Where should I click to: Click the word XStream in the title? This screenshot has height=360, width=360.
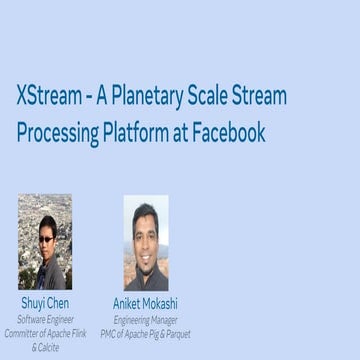(x=50, y=96)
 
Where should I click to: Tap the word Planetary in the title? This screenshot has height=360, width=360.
(x=151, y=96)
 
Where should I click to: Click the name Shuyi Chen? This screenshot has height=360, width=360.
(x=45, y=303)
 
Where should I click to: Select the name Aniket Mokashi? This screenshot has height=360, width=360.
(x=145, y=303)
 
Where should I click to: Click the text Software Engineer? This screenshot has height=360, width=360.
(x=45, y=319)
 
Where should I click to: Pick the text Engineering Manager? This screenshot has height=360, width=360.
(x=145, y=319)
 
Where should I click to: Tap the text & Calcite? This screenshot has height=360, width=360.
(x=45, y=347)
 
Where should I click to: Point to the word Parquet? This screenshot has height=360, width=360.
(x=174, y=333)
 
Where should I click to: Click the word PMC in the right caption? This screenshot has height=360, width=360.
(x=111, y=333)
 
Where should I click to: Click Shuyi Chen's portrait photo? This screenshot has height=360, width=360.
(x=45, y=241)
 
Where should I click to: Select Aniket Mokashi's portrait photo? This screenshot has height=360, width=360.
(x=145, y=242)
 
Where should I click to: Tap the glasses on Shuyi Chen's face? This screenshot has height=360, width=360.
(x=46, y=236)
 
